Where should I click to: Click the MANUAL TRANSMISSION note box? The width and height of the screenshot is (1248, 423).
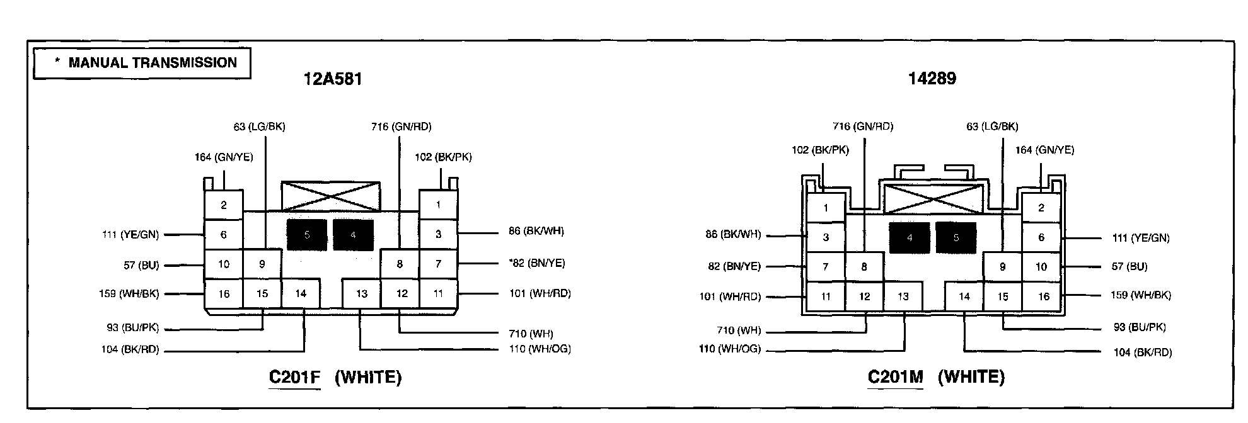coord(142,63)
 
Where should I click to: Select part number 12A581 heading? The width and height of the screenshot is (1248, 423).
coord(332,79)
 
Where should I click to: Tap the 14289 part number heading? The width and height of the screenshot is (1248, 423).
coord(932,79)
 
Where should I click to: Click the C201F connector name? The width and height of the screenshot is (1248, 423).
coord(294,377)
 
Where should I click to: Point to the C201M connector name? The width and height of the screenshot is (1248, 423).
coord(895,377)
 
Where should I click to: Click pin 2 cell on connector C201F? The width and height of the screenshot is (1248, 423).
coord(224,205)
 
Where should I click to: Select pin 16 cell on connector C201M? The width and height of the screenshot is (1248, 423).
coord(1044,296)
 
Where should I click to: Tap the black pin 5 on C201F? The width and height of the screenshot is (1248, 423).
coord(307,235)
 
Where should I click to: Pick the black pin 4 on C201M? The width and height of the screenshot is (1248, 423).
coord(910,238)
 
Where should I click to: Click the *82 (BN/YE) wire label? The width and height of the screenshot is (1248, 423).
coord(537,263)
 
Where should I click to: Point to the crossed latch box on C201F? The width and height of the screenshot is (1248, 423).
coord(331,196)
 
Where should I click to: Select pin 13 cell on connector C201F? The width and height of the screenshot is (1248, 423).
coord(362,293)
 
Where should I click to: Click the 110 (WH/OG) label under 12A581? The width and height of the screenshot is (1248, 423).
coord(540,349)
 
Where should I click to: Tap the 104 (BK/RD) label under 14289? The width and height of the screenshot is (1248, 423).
coord(1142,352)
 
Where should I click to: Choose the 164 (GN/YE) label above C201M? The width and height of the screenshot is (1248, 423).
coord(1044,150)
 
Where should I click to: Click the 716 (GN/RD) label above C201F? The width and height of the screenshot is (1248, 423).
coord(402,127)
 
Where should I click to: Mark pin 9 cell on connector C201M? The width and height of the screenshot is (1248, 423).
coord(1002,267)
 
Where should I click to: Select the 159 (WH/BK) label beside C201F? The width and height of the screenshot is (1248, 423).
coord(129,293)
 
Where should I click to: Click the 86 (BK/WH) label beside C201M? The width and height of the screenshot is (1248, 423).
coord(733,235)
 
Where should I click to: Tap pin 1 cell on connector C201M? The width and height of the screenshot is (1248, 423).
coord(826,208)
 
